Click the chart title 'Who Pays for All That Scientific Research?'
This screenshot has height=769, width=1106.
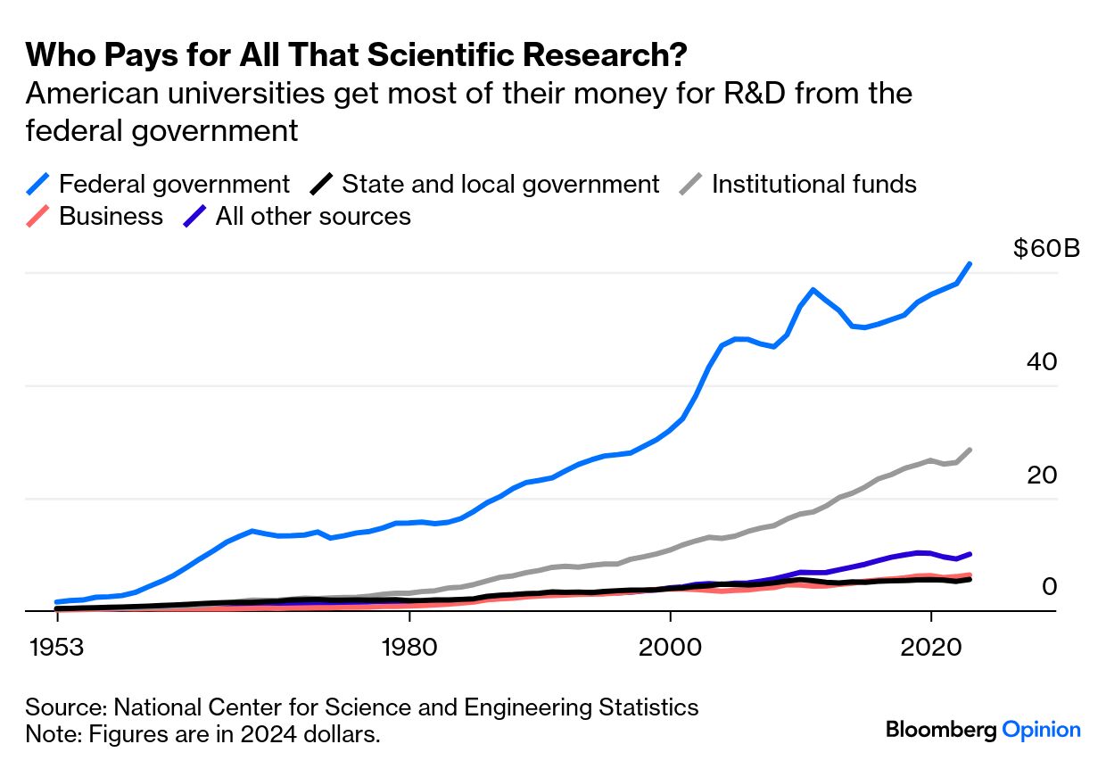pos(356,55)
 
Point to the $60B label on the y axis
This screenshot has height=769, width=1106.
pos(1046,248)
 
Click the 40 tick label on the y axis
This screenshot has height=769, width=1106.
pos(1042,362)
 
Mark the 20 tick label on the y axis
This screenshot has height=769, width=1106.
pos(1042,475)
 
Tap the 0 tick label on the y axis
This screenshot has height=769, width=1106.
pos(1049,587)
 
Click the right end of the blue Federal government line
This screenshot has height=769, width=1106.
pos(970,264)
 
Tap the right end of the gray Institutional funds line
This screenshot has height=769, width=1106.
pos(970,450)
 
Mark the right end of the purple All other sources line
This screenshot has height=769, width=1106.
pos(970,554)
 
